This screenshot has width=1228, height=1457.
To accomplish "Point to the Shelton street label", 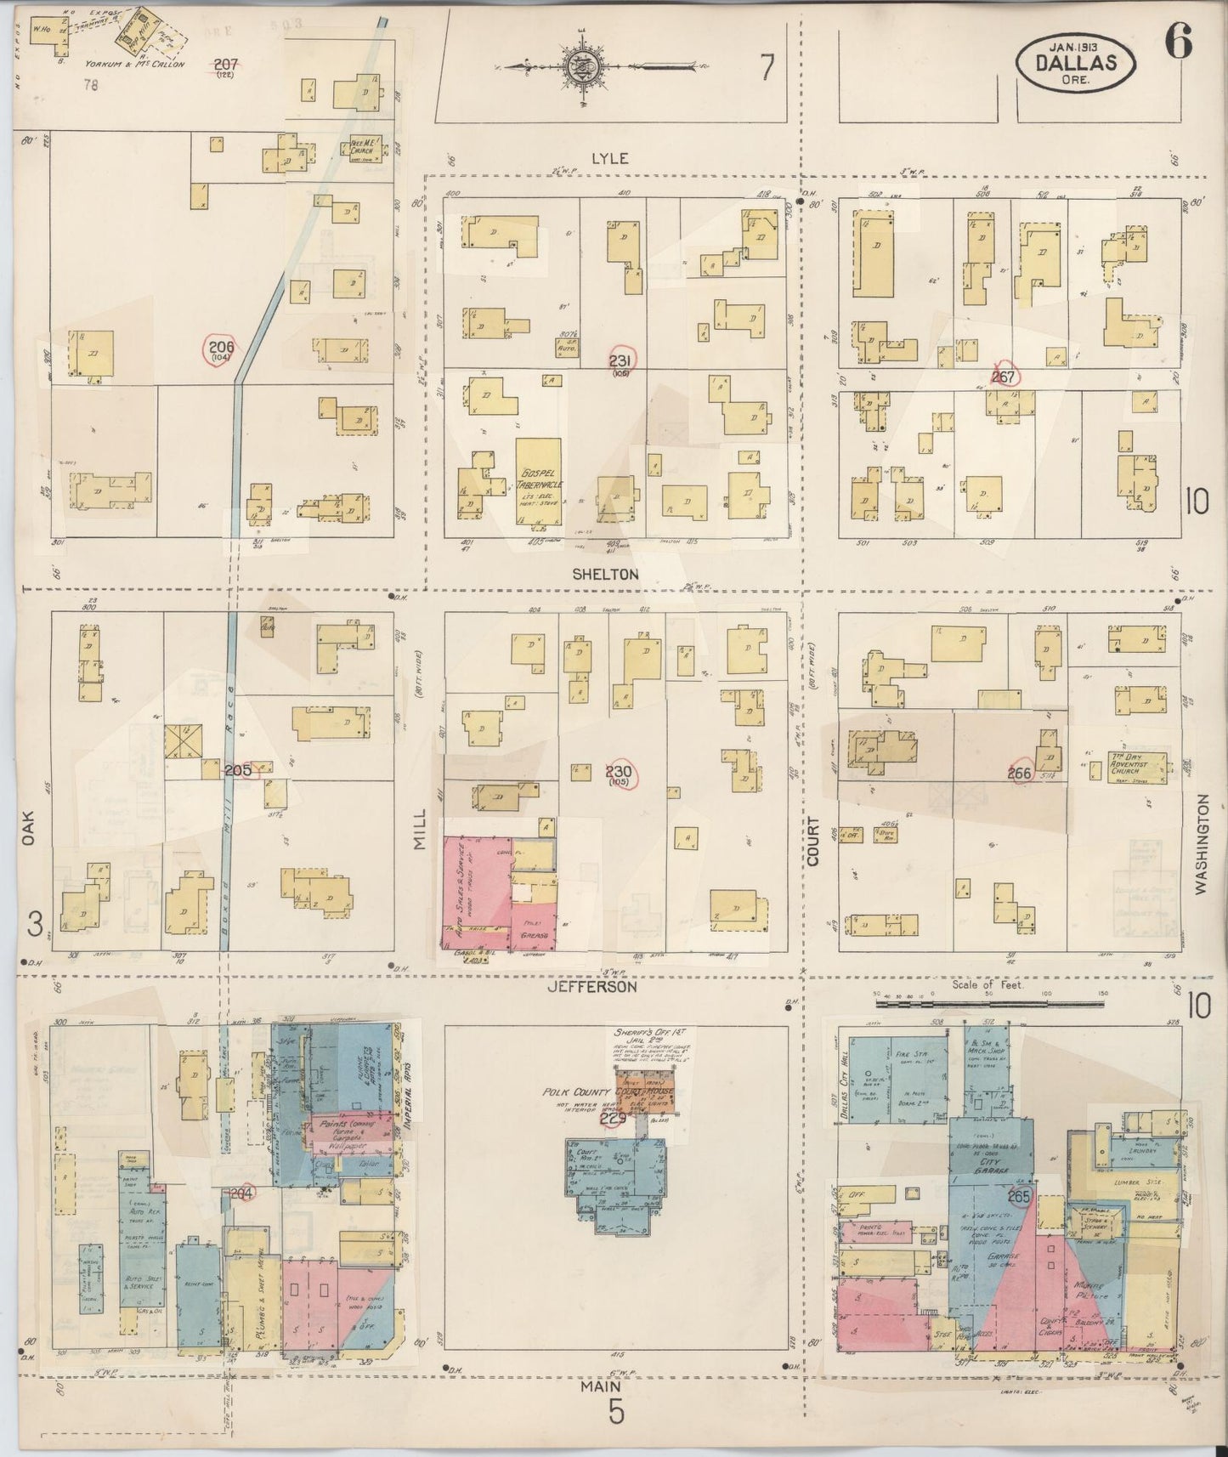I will (605, 575).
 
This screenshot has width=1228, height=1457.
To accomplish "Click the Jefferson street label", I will (592, 988).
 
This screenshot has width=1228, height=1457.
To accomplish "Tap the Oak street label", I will (28, 825).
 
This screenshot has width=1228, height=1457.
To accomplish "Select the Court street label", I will (813, 842).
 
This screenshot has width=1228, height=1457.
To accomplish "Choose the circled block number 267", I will (1004, 377).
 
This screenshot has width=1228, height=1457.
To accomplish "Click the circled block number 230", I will (620, 774).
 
